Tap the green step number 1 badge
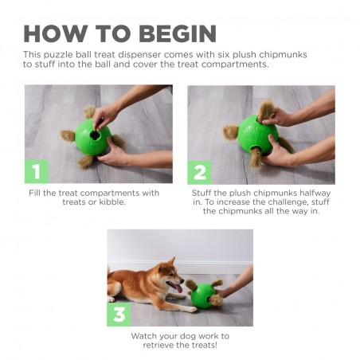[37, 172]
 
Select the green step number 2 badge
[199, 172]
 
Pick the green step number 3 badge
[119, 314]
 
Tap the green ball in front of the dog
[204, 295]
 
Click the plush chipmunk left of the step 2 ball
[231, 131]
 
